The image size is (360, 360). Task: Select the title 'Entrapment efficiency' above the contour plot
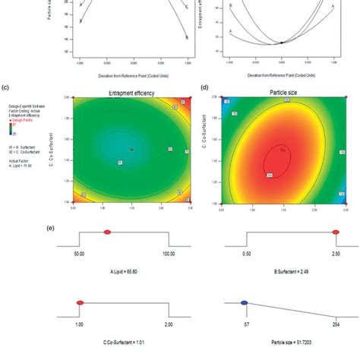131,93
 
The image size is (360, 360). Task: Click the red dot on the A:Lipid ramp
107,232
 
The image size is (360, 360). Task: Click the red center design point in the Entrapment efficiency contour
131,150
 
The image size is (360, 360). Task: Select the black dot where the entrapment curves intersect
281,43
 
